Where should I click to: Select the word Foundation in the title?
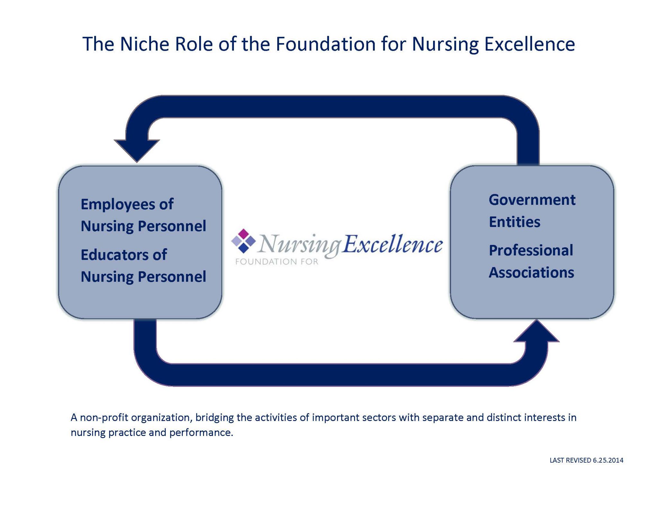(x=325, y=44)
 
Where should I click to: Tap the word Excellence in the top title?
(x=529, y=44)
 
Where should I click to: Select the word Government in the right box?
(x=532, y=200)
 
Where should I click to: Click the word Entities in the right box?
(x=514, y=222)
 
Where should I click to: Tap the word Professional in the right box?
(x=531, y=250)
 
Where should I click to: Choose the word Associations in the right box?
(x=531, y=273)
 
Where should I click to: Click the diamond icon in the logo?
(x=244, y=241)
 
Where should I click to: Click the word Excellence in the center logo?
(x=392, y=244)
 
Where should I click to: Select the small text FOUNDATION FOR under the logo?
(x=277, y=262)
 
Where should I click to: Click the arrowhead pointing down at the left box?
(x=137, y=150)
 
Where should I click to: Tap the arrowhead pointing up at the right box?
(x=536, y=331)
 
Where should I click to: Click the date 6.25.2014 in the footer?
(x=608, y=460)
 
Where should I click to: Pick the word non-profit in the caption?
(x=104, y=417)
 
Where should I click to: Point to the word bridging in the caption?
(x=214, y=417)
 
